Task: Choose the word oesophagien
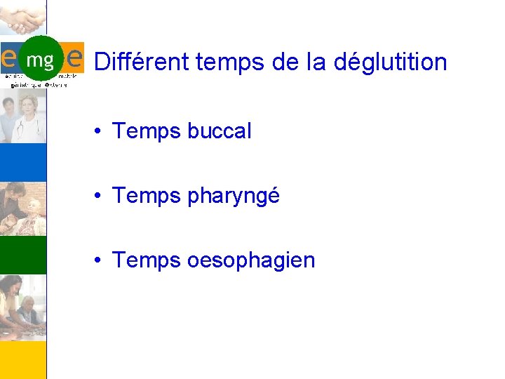coord(251,260)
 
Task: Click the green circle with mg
coord(40,59)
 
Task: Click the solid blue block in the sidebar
coord(23,161)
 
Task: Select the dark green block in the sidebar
coord(23,255)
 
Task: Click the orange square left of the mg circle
coord(8,55)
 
